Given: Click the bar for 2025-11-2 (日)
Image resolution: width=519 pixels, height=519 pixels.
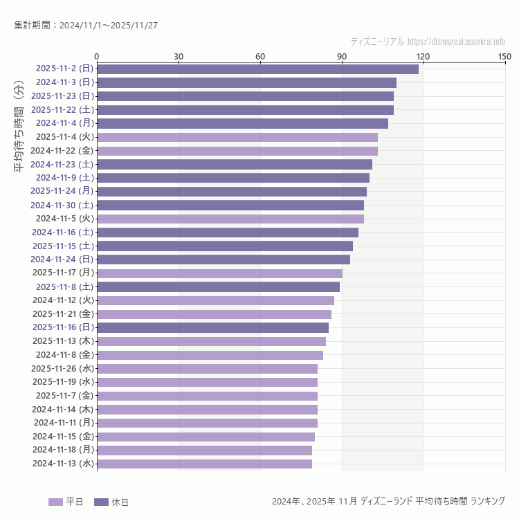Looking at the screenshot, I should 257,69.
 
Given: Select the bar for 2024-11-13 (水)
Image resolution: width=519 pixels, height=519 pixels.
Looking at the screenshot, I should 204,464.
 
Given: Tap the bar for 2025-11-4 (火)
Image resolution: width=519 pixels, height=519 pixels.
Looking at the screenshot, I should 237,137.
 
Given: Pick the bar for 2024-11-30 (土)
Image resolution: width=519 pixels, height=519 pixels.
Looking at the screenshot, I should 230,205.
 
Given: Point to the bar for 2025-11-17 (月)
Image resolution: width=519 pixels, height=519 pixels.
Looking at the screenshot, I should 219,273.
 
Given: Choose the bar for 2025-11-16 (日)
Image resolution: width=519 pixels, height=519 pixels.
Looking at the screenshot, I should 212,327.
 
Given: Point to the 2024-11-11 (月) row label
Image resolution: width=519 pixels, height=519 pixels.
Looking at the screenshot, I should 64,423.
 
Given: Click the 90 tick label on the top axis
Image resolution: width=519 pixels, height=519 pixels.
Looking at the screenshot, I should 342,56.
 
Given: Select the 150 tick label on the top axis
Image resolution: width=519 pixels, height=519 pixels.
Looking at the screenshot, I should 504,56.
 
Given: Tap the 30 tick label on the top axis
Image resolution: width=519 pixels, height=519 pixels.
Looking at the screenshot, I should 179,56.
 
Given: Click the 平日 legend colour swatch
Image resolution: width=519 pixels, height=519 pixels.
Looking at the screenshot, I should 55,502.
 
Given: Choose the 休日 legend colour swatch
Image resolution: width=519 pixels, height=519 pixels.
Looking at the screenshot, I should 101,502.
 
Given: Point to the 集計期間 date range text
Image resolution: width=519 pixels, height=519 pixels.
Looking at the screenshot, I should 86,26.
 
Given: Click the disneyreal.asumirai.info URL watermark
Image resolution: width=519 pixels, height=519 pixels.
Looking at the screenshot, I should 456,42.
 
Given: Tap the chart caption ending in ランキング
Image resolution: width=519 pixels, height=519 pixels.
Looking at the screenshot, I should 388,501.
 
